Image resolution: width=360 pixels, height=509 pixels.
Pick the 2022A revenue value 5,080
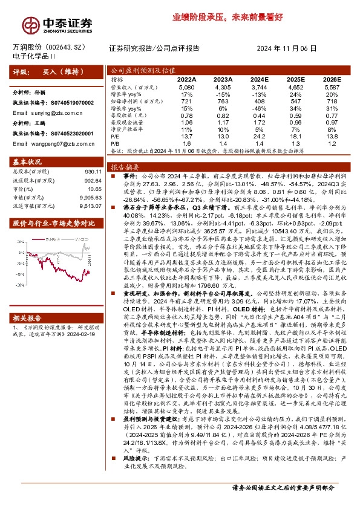coord(186,87)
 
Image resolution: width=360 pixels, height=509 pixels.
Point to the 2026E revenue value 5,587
coord(330,87)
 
